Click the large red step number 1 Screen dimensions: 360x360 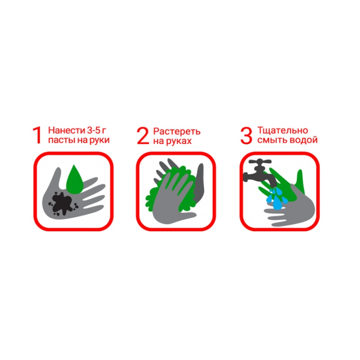pos(37,135)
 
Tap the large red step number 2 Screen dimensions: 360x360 pos(143,136)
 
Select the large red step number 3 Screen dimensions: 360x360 pos(246,136)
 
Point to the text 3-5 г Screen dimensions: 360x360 pos(96,130)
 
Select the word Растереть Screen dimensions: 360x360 pos(177,132)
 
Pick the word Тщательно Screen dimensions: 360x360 pos(283,130)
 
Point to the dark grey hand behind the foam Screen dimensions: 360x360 pos(199,184)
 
